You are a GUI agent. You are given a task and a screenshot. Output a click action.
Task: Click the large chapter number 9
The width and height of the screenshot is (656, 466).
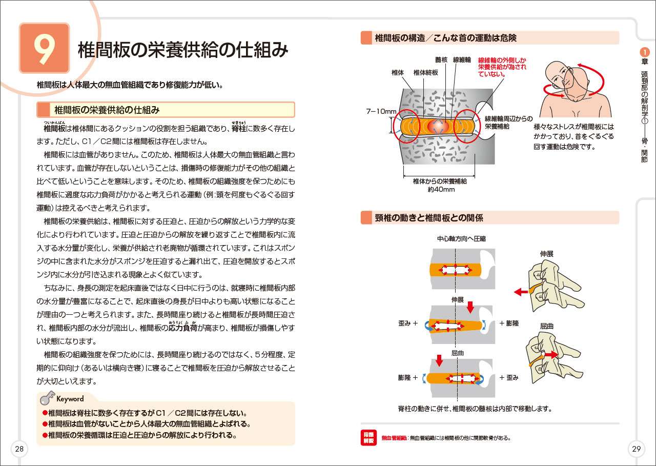[x=44, y=48]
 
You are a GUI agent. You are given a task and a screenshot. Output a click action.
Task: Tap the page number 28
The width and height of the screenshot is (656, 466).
[x=19, y=449]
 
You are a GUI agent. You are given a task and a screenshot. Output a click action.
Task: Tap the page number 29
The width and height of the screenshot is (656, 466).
[x=636, y=449]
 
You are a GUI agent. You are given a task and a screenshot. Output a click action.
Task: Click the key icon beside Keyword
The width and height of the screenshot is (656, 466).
[x=47, y=398]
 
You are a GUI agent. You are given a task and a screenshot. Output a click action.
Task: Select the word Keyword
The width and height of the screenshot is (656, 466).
[x=70, y=398]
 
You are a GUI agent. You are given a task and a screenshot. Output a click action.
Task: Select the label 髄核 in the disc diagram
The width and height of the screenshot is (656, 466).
[x=441, y=59]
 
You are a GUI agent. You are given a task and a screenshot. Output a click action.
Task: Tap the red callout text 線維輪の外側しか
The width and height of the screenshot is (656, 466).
[x=502, y=59]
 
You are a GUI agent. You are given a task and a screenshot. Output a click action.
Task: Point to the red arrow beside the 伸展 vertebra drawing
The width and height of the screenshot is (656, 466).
[x=521, y=292]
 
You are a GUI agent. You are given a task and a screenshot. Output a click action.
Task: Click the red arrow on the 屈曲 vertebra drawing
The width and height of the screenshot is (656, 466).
[x=551, y=354]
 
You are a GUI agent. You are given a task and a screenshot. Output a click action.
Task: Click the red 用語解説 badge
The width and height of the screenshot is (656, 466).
[x=368, y=437]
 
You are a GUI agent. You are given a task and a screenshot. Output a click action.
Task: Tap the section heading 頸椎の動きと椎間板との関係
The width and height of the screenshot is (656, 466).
[x=429, y=218]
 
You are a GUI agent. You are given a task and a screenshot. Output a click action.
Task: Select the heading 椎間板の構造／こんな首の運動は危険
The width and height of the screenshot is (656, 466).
[x=445, y=38]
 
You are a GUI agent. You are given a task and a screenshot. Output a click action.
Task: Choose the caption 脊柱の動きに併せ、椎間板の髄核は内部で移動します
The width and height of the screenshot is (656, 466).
[x=475, y=409]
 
